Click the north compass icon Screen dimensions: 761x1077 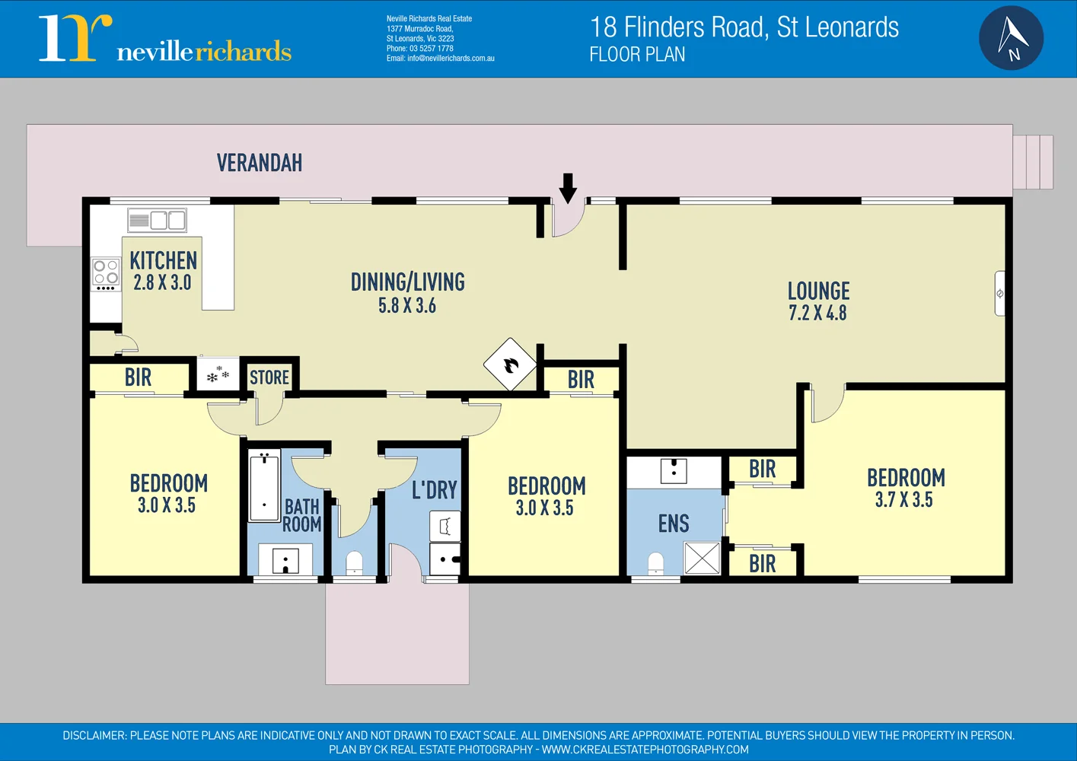pos(1011,38)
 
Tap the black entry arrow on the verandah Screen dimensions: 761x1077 pos(568,188)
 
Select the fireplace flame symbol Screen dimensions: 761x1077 pos(510,365)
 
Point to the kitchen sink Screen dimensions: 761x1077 pos(158,221)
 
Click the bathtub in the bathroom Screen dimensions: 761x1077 pos(264,485)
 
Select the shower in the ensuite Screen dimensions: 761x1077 pos(701,558)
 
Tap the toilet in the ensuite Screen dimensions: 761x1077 pos(655,564)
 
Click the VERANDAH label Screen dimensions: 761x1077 pos(260,163)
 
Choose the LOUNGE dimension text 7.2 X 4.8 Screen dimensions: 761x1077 pos(817,313)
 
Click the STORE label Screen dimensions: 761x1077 pos(269,377)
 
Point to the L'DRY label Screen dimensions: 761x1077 pos(434,490)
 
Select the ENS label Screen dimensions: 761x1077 pos(674,524)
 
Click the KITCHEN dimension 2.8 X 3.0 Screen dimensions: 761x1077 pos(162,282)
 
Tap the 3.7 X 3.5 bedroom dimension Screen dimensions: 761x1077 pos(903,500)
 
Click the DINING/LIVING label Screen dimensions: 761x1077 pos(407,282)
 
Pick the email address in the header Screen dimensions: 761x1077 pos(440,59)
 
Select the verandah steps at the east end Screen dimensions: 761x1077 pos(1033,162)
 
